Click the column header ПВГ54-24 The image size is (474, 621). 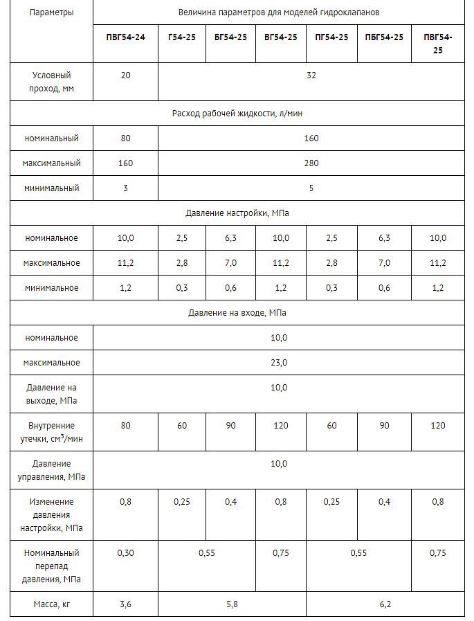(125, 37)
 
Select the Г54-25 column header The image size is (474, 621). (182, 37)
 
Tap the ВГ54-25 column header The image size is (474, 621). (281, 37)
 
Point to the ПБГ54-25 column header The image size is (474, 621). (384, 37)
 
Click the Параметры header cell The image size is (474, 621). (51, 12)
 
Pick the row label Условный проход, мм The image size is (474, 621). (52, 82)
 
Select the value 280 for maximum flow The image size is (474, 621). (311, 163)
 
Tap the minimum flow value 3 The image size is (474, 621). (125, 188)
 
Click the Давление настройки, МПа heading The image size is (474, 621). (237, 213)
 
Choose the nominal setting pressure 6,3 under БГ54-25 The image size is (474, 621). (231, 238)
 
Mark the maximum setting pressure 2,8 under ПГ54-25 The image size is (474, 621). (331, 263)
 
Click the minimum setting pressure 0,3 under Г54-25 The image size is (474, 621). (182, 288)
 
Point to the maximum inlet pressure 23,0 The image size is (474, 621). (279, 363)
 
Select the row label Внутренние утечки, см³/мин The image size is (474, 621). (52, 433)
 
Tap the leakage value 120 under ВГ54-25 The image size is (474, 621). (281, 426)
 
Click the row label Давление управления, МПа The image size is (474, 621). (52, 471)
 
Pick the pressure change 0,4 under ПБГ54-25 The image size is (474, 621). (384, 502)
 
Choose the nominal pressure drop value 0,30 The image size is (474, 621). (125, 553)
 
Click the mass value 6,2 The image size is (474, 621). (385, 604)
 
